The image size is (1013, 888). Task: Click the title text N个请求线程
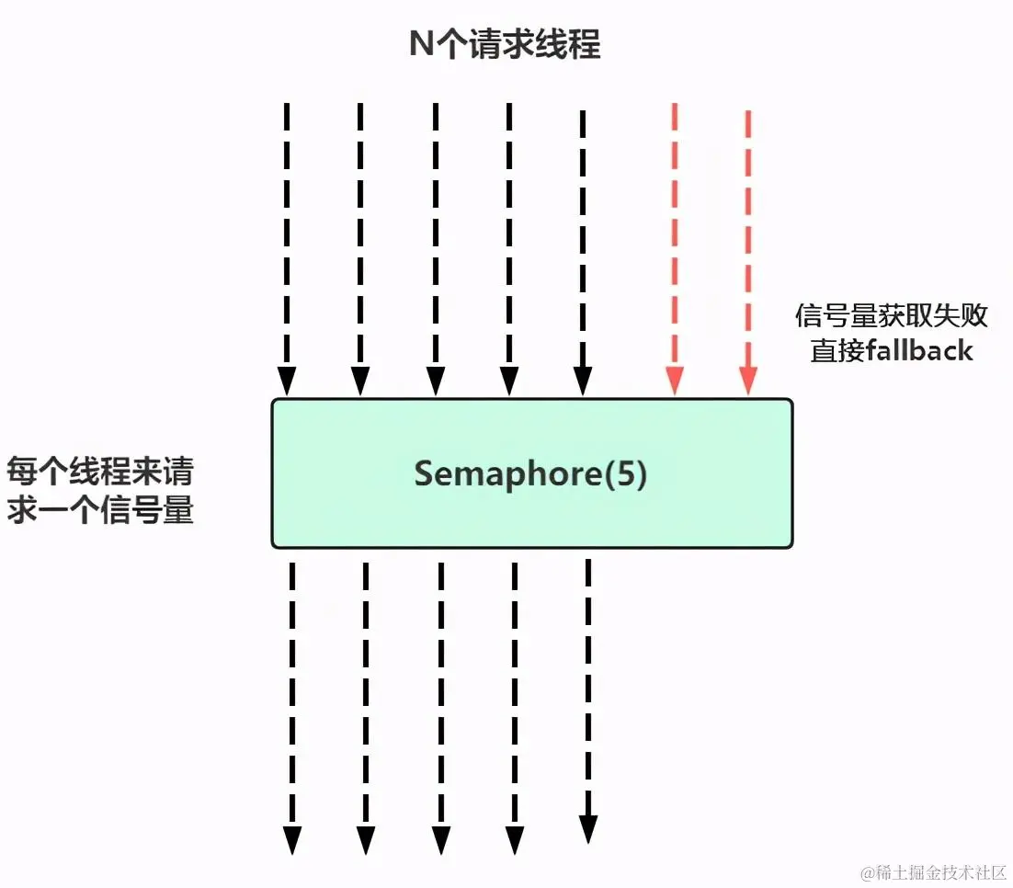point(505,45)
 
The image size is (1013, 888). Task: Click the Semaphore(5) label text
point(530,474)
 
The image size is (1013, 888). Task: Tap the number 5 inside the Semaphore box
point(624,474)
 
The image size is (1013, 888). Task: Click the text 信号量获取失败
point(891,315)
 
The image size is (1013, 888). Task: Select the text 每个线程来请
point(100,472)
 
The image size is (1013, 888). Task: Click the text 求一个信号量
point(100,510)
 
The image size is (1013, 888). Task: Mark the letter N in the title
point(420,45)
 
